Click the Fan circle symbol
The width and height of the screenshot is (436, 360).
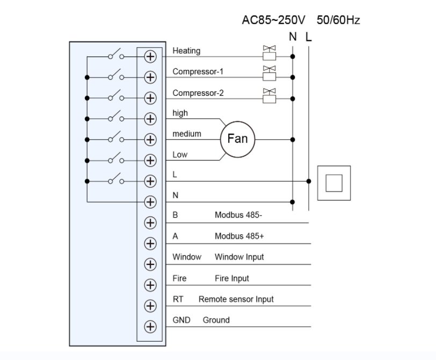(237, 139)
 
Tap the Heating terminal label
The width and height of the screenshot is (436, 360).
(186, 51)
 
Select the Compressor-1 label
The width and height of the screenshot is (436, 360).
(197, 71)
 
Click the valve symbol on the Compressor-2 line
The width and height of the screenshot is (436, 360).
(268, 95)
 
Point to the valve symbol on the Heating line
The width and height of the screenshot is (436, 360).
(268, 53)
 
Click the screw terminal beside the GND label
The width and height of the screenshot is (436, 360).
(150, 326)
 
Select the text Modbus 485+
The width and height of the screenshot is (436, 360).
(239, 236)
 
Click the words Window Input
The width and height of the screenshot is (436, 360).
(239, 257)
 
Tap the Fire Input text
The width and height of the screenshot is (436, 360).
(232, 278)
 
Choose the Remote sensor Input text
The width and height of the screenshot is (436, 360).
(236, 299)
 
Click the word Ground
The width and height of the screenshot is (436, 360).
(216, 320)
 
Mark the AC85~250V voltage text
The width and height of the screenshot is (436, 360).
(274, 20)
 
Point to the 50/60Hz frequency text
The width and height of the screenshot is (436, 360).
(338, 20)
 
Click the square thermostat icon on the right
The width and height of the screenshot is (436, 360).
(333, 183)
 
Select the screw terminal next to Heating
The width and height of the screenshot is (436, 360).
(150, 56)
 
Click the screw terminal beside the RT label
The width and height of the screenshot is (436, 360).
(150, 305)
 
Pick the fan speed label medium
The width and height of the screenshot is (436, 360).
(187, 134)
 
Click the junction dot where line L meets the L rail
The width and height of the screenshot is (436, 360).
(308, 181)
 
